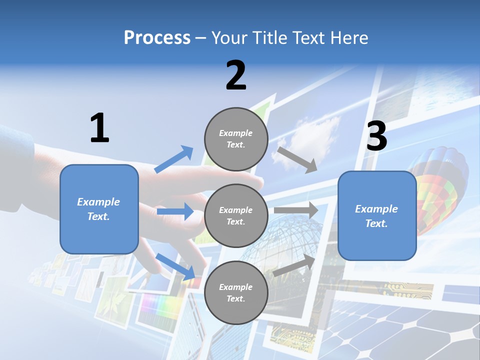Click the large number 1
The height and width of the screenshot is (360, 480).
[x=99, y=128]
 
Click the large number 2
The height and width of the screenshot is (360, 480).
[x=236, y=75]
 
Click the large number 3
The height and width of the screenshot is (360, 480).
[x=376, y=136]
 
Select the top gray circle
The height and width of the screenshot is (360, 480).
[x=236, y=139]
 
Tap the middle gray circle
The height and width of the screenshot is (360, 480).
[x=236, y=215]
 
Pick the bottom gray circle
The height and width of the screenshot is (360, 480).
[x=236, y=292]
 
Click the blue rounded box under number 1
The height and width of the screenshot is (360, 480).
[x=99, y=209]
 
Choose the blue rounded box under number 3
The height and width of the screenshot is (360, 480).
[x=377, y=215]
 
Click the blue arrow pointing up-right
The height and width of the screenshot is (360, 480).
[x=174, y=159]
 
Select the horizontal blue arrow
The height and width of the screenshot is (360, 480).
[x=175, y=211]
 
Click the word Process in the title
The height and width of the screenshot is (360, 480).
[x=157, y=37]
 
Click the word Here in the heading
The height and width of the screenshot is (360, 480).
[x=350, y=37]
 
